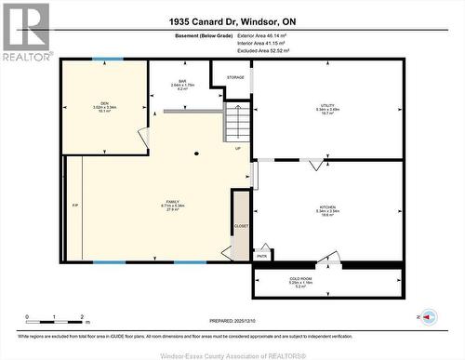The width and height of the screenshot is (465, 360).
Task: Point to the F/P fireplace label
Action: (74, 205)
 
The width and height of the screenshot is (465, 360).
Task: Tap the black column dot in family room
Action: (196, 152)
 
